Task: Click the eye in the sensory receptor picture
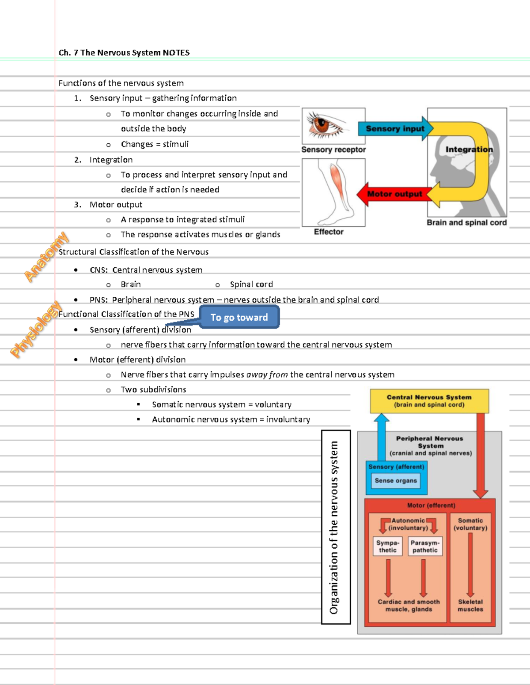[325, 124]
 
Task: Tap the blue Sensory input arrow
[394, 129]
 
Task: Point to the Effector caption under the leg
[329, 232]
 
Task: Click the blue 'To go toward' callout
[239, 318]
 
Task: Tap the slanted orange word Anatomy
[46, 257]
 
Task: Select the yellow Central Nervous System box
[429, 401]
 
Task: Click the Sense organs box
[396, 481]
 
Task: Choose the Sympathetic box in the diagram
[388, 547]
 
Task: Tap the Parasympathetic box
[425, 547]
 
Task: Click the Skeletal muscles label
[470, 606]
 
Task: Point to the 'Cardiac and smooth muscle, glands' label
[409, 606]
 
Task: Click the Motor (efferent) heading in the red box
[431, 505]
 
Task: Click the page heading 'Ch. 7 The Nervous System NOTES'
[124, 53]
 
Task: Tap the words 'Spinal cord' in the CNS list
[251, 284]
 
